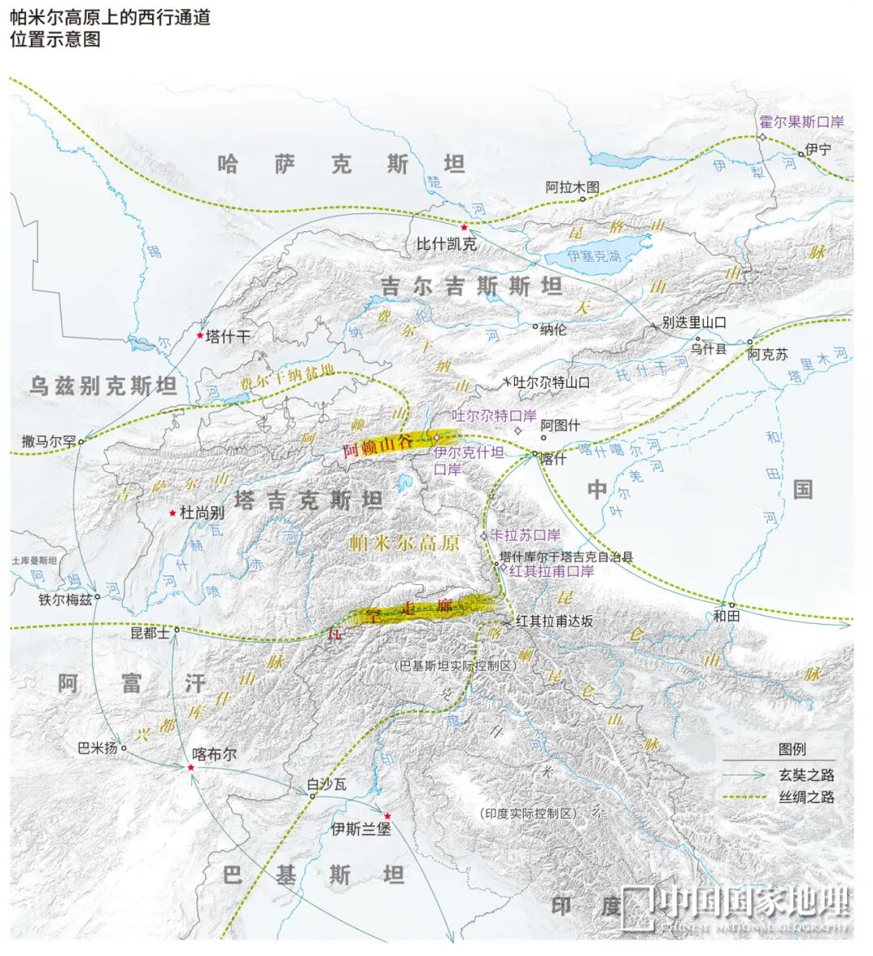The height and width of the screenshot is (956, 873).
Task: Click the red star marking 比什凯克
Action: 464,228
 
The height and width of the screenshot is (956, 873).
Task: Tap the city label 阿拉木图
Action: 572,187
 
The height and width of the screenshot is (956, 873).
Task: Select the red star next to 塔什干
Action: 200,335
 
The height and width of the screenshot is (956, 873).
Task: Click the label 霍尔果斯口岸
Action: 801,122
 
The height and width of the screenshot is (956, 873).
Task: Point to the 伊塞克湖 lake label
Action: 594,256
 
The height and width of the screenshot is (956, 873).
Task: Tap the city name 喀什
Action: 554,457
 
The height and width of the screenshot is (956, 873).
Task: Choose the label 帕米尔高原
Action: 405,542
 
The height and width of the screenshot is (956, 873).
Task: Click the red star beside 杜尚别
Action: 172,512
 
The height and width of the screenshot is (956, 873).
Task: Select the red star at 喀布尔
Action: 191,766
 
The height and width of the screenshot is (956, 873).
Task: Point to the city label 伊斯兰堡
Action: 361,828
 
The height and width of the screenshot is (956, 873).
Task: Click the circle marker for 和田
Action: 732,604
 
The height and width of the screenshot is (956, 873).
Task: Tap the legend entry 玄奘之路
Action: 806,774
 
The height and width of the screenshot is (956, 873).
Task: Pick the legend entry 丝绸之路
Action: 806,797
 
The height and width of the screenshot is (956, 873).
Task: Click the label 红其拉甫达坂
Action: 555,621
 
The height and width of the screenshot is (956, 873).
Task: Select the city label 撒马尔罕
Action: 48,441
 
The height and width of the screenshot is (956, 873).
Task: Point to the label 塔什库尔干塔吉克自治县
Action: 566,556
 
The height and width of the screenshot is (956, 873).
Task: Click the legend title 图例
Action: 791,749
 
